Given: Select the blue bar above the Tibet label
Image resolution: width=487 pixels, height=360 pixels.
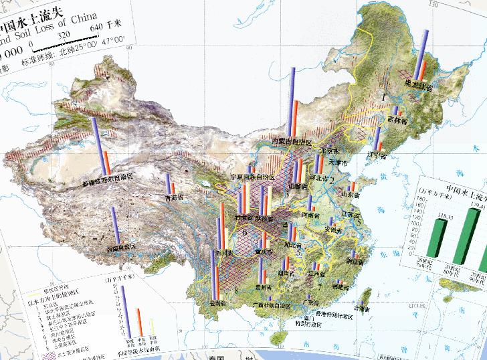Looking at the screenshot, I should [115, 225].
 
